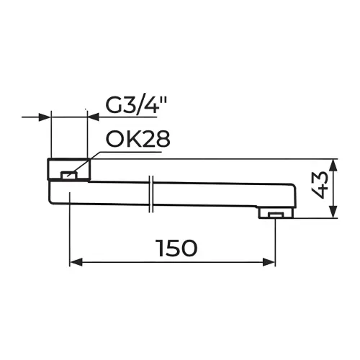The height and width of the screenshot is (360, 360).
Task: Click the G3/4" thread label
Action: [x=136, y=106]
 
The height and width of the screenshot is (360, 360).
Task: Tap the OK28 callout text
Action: [x=138, y=139]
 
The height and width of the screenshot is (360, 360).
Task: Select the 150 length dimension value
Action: [x=177, y=248]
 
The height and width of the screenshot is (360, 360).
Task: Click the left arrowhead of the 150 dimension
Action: [x=76, y=262]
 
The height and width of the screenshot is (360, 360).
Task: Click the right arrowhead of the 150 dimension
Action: [x=269, y=262]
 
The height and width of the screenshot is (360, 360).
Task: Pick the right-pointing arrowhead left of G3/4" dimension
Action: [x=45, y=117]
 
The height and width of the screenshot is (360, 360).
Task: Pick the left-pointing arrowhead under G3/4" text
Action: [x=94, y=117]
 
